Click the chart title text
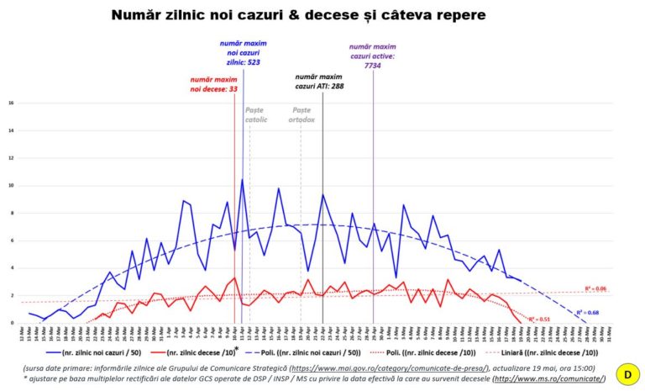click(x=298, y=15)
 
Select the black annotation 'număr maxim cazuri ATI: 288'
click(x=320, y=81)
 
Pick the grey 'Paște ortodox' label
click(x=302, y=114)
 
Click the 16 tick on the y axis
click(x=11, y=103)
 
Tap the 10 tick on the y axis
click(x=11, y=186)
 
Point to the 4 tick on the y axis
click(x=11, y=268)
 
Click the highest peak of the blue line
click(x=243, y=179)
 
